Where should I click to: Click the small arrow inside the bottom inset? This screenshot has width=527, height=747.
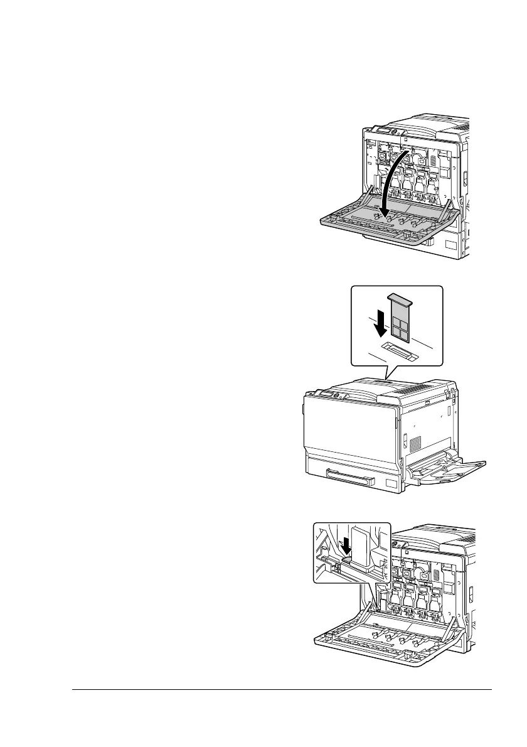[344, 545]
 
